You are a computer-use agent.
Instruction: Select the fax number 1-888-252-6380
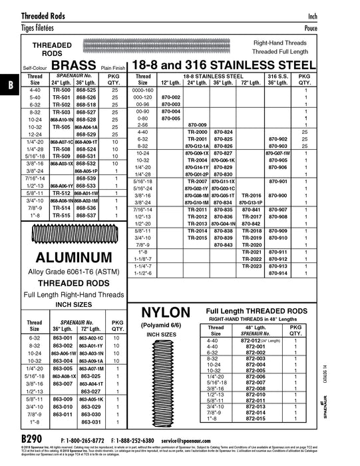(x=148, y=441)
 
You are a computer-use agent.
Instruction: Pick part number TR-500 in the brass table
(x=62, y=89)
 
